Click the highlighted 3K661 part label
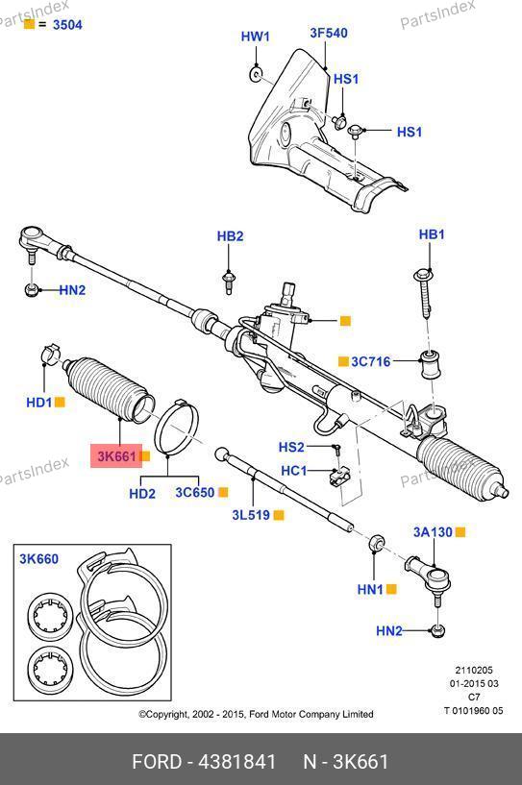coord(116,456)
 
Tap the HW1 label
coord(255,37)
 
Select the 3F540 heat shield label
coord(329,33)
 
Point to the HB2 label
coord(230,235)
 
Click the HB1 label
coord(432,233)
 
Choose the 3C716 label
coord(370,361)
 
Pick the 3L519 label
coord(252,515)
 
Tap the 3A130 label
coord(433,532)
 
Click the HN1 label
coord(370,589)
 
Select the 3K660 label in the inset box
coord(39,558)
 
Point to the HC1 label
coord(294,471)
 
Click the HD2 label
coord(142,494)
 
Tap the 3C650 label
coord(195,492)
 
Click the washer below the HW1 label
coord(256,75)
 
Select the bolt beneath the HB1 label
coord(424,293)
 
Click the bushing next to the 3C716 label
coord(430,364)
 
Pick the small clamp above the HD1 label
coord(50,354)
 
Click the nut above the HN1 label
coord(376,543)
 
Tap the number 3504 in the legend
coord(67,25)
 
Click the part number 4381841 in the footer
coord(237,762)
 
